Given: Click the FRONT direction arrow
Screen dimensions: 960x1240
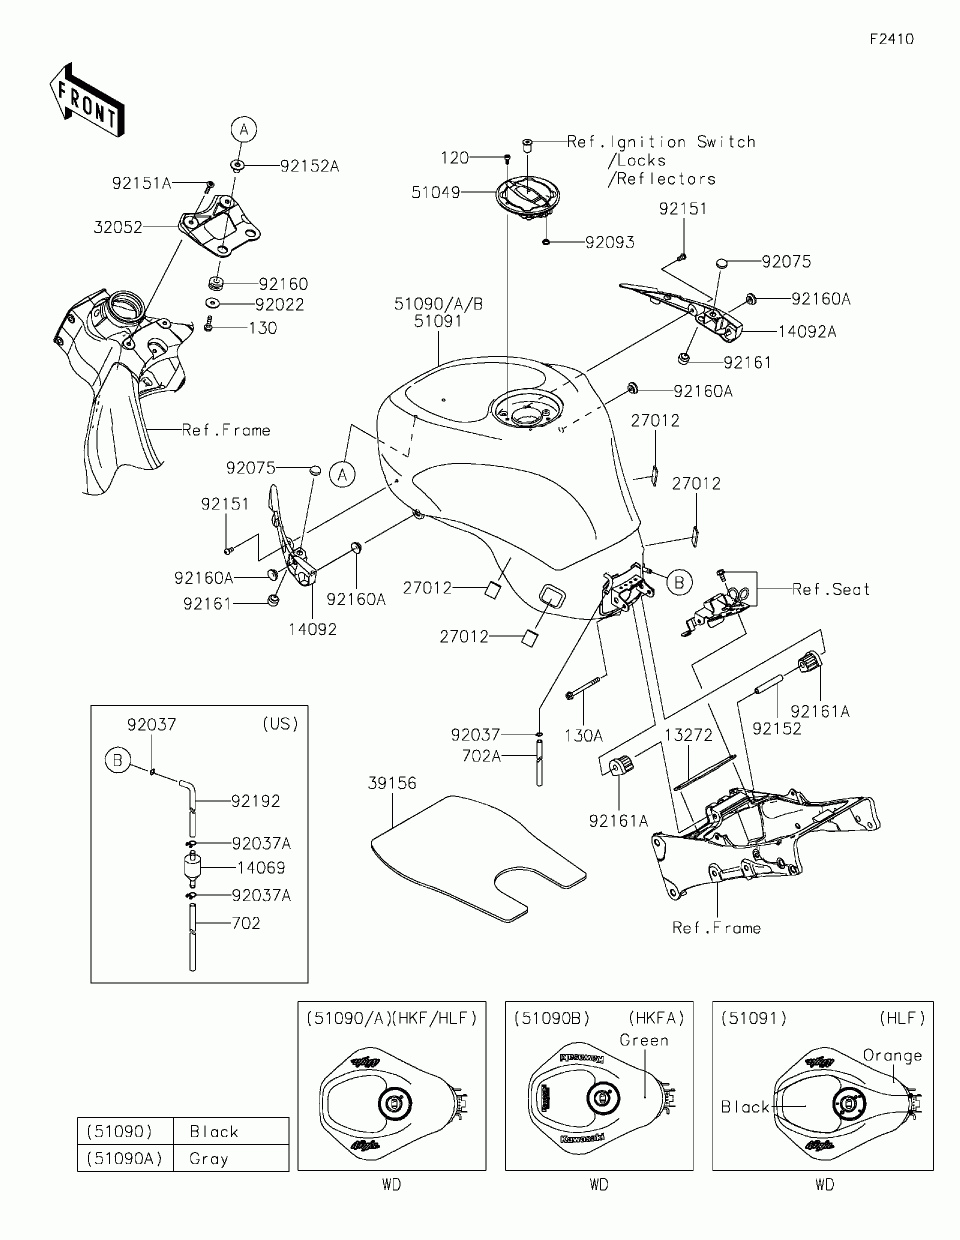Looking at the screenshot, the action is click(87, 101).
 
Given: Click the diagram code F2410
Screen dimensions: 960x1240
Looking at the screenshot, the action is click(892, 39).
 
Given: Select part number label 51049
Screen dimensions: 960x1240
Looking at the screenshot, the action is click(436, 192).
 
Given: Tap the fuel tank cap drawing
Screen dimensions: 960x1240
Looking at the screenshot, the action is click(528, 196).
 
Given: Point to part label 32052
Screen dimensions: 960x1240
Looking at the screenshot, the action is click(118, 227).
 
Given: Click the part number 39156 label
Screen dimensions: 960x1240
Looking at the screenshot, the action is click(392, 783).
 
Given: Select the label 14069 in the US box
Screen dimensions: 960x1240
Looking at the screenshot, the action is click(261, 868).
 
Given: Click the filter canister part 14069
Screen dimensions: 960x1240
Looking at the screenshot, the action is click(192, 868).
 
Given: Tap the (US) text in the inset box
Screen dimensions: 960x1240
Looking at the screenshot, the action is click(280, 724).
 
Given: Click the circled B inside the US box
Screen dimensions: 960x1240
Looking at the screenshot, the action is click(118, 761).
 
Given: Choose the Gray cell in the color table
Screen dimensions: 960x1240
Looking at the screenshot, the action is click(209, 1159).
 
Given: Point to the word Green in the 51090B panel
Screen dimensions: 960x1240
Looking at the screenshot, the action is click(644, 1040).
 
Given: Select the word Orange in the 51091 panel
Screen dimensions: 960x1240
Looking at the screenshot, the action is click(892, 1056).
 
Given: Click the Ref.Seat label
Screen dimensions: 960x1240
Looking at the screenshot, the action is click(831, 589).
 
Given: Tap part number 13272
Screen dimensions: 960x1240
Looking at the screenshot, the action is click(689, 735).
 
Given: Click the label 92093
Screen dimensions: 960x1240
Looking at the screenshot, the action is click(610, 243).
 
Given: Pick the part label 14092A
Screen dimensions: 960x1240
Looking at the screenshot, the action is click(807, 332).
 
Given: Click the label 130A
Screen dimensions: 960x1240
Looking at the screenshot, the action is click(584, 736).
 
